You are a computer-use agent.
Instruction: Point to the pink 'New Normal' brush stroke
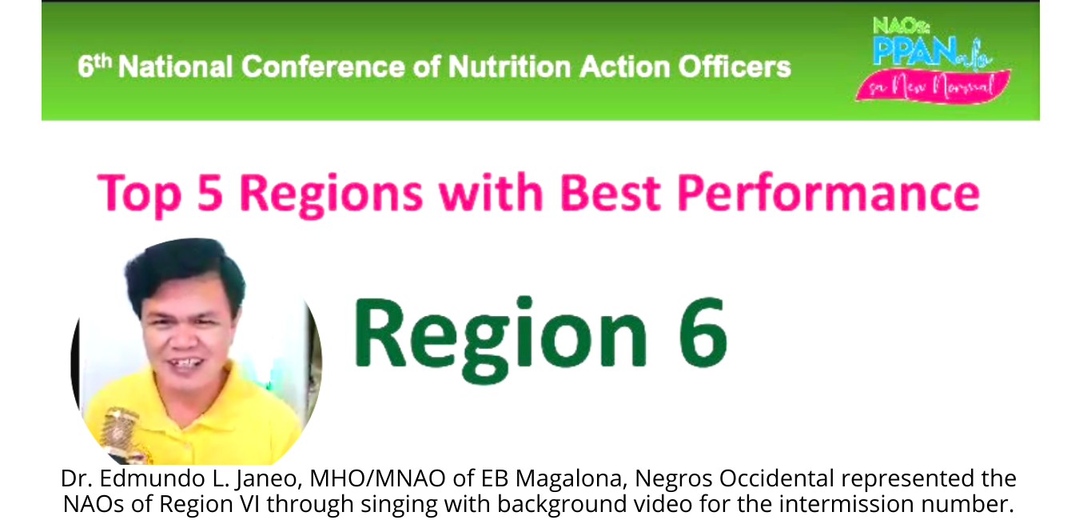pyautogui.click(x=932, y=86)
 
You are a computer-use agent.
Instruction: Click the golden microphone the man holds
pyautogui.click(x=122, y=432)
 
